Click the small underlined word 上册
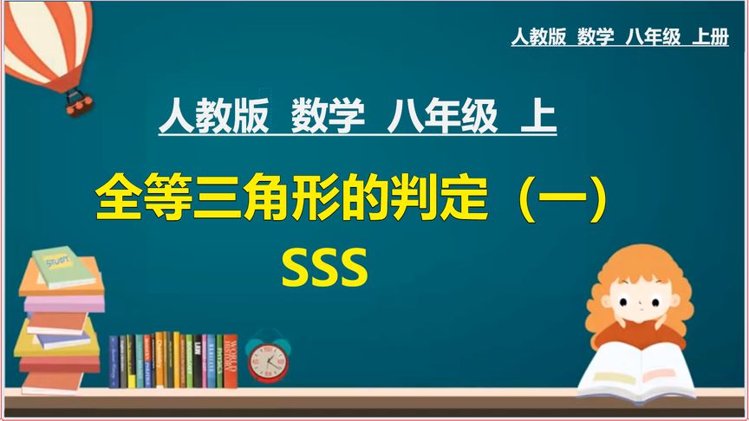[710, 37]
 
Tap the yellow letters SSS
[324, 269]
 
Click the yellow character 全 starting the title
[118, 199]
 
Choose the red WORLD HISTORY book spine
[230, 360]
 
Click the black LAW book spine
[198, 360]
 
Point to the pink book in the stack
[62, 302]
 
